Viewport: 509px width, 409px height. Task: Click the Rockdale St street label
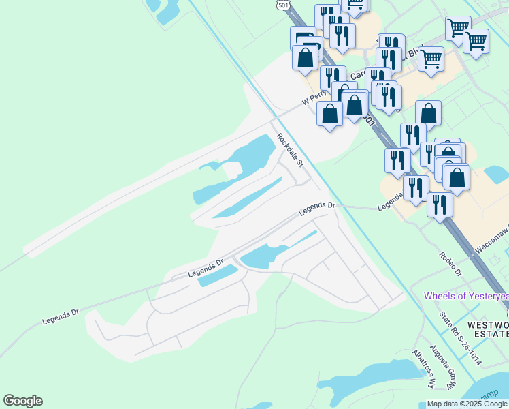(290, 150)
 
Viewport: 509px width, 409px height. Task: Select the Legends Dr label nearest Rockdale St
(317, 210)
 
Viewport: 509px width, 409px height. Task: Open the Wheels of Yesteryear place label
(466, 297)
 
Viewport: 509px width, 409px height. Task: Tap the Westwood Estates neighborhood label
(487, 328)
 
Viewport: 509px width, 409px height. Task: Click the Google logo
(22, 401)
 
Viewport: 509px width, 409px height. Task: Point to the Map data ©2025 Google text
(466, 404)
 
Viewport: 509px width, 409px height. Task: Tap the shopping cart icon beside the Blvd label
(431, 60)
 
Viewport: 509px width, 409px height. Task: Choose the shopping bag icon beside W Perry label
(330, 113)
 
